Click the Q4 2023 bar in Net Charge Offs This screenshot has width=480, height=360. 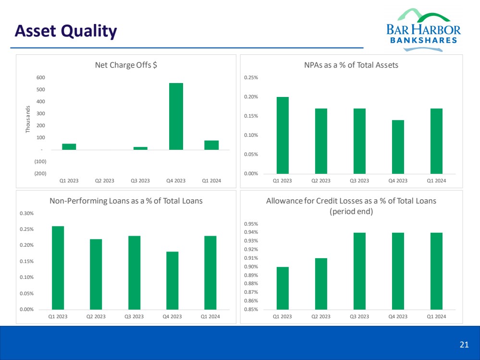click(x=176, y=116)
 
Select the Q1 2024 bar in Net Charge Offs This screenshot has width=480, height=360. click(x=211, y=145)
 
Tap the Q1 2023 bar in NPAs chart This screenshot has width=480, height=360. click(x=283, y=135)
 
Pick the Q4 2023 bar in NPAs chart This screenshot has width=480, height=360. click(x=398, y=146)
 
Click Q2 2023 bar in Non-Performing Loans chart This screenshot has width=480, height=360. click(x=96, y=274)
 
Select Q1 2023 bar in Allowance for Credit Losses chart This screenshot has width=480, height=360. click(x=283, y=288)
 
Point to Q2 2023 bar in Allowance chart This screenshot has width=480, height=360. click(x=321, y=284)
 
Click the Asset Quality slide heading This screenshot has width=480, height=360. click(x=66, y=31)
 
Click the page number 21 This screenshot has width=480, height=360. click(x=464, y=344)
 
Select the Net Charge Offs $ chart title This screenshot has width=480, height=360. click(x=126, y=66)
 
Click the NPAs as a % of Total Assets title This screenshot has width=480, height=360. click(x=350, y=65)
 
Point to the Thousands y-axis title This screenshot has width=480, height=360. click(x=28, y=120)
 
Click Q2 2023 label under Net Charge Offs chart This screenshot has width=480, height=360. click(x=105, y=181)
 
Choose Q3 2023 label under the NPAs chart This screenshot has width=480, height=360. click(x=359, y=181)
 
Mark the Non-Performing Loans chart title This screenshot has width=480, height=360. click(x=126, y=201)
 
